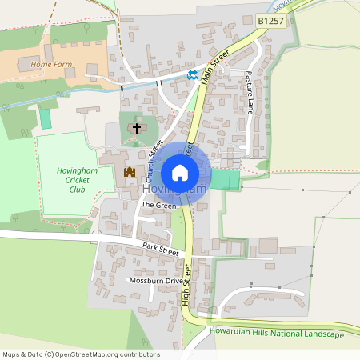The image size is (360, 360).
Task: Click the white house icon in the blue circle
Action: pos(180,172)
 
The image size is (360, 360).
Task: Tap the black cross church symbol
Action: pos(136,128)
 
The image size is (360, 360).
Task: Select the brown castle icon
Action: pos(129,171)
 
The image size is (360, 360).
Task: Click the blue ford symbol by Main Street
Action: pos(192,75)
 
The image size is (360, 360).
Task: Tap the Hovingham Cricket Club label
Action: pos(77,180)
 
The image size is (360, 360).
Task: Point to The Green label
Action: pos(158,206)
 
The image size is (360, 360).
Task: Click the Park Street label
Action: pos(157,250)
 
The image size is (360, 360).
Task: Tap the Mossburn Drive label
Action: pos(156,281)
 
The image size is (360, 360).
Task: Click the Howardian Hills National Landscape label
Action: pos(275,333)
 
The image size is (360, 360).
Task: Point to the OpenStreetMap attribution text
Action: pos(81,354)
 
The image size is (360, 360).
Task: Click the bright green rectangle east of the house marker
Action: pos(225,180)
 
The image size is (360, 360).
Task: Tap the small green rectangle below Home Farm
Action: pos(45,118)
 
